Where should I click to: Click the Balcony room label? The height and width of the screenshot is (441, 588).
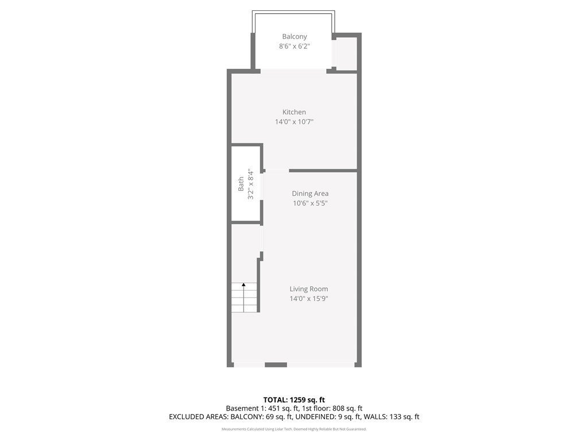295,36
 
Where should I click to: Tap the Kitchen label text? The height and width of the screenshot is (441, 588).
294,112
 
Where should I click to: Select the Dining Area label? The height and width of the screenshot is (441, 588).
310,194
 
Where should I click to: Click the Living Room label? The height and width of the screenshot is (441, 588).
308,289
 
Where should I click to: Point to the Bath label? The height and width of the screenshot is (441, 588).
241,184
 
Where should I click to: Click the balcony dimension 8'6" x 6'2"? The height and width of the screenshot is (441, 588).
295,46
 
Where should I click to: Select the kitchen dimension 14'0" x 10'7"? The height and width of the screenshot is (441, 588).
294,122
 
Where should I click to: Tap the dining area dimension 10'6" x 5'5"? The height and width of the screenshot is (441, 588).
310,203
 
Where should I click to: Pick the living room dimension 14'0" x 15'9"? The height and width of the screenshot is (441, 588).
308,299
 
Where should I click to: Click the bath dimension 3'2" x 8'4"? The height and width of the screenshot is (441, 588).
250,185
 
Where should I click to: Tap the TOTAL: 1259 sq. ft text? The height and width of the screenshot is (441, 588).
294,400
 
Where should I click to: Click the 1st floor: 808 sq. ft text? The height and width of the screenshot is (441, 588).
332,408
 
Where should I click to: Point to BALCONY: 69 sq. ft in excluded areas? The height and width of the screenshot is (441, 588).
261,417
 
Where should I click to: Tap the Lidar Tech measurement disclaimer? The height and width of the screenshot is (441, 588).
294,429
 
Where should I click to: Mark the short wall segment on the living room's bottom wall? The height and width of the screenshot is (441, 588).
276,365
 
